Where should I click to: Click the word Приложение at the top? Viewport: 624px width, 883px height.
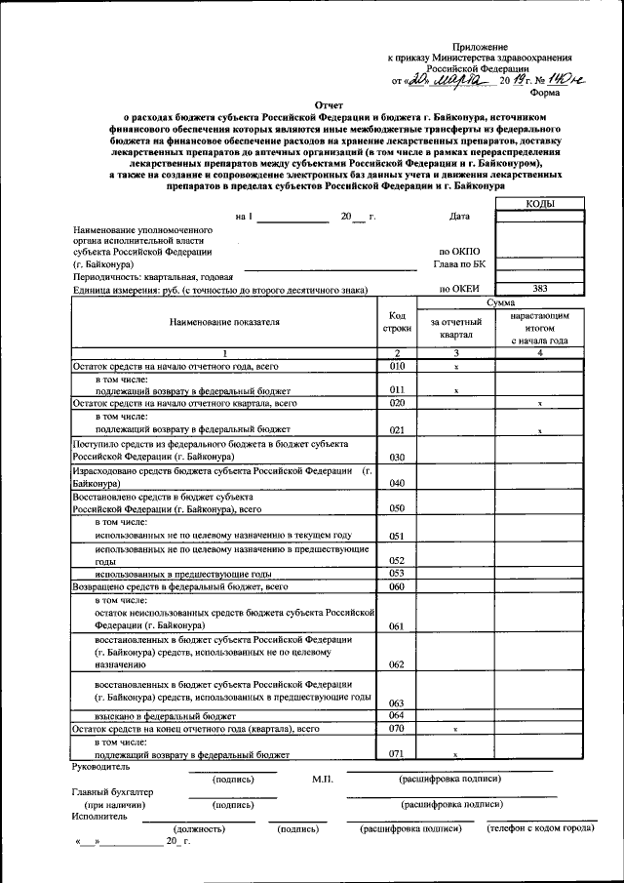click(480, 47)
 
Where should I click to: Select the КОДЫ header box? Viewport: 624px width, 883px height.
click(540, 203)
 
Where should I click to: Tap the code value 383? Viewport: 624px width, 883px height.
click(540, 289)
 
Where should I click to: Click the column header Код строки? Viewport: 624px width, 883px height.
click(397, 321)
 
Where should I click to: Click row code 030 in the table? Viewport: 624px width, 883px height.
click(397, 457)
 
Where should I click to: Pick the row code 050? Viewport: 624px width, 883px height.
click(397, 508)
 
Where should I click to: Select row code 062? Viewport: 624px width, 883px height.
click(397, 664)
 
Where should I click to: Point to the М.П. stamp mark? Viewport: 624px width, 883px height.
click(323, 779)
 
